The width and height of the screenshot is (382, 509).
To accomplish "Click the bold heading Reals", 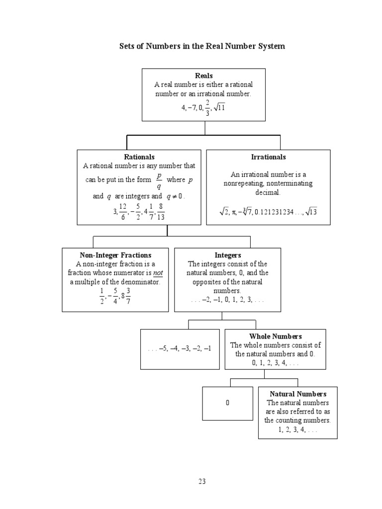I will click(x=204, y=76).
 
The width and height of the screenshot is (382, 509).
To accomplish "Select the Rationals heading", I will click(x=139, y=157).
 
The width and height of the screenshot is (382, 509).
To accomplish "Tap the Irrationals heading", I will click(x=269, y=157).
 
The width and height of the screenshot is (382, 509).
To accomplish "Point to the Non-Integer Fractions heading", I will click(x=115, y=255).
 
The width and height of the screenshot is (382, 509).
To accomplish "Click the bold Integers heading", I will click(x=227, y=255).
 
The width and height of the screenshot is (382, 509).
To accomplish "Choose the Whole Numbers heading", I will click(x=276, y=337).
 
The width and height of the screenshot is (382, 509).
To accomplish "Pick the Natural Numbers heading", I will click(x=298, y=394).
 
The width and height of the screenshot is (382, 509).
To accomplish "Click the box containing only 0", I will click(x=227, y=403).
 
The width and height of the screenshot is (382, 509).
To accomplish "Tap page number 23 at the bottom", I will click(x=202, y=481).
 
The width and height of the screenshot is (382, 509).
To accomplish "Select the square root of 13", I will click(x=311, y=212).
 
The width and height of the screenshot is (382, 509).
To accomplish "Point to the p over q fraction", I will click(x=159, y=180).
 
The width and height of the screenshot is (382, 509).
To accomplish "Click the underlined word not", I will click(x=158, y=273).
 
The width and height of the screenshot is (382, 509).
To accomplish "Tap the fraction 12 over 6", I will click(x=123, y=211).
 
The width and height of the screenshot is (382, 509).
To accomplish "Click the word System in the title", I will click(x=270, y=46).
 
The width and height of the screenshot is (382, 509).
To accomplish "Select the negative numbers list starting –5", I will click(x=180, y=349).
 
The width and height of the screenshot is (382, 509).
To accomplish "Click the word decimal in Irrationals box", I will click(x=268, y=192).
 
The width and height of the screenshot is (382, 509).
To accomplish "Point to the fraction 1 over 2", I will click(x=102, y=296).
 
